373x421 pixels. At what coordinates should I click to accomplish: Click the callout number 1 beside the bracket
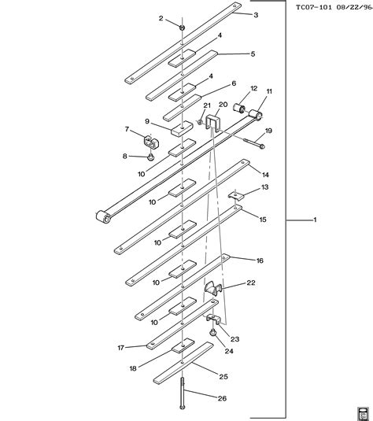click(x=315, y=220)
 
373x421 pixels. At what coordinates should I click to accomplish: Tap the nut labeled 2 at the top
click(x=182, y=28)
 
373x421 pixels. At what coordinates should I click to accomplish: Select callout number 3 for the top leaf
click(x=256, y=15)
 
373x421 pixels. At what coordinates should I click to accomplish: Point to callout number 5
click(x=253, y=54)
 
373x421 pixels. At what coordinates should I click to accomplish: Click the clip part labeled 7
click(x=151, y=142)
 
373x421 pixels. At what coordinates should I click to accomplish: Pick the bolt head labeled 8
click(x=151, y=157)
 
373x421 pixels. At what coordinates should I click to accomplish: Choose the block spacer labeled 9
click(x=182, y=128)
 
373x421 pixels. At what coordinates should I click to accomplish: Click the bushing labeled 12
click(x=238, y=108)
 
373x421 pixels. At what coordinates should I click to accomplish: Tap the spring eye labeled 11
click(x=256, y=114)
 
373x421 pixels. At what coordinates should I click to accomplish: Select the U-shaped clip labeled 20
click(x=212, y=121)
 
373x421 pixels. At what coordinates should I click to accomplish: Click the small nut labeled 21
click(x=200, y=122)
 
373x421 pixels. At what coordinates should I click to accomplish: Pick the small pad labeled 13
click(x=236, y=195)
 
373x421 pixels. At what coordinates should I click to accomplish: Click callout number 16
click(x=260, y=260)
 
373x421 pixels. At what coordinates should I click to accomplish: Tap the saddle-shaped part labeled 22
click(x=213, y=288)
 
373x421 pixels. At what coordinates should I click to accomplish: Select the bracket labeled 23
click(x=214, y=319)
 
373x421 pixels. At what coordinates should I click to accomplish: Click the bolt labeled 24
click(x=213, y=332)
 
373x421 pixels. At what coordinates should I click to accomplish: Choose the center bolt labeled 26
click(x=183, y=395)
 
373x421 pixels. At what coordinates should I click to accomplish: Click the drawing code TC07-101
click(x=314, y=7)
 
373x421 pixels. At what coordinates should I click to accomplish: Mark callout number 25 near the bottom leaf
click(x=223, y=377)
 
